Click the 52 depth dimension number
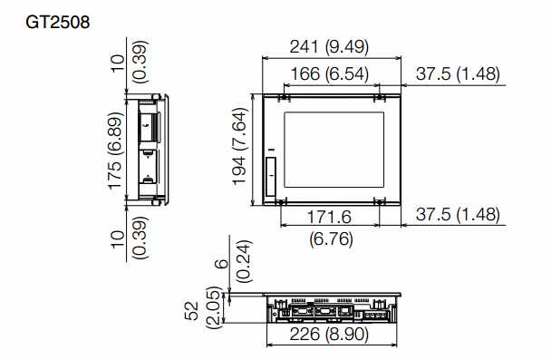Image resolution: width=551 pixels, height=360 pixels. [x=192, y=312]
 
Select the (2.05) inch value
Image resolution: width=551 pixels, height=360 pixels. [x=213, y=312]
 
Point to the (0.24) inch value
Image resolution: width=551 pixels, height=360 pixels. [x=245, y=262]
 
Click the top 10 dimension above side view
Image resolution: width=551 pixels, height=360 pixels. [x=115, y=61]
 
